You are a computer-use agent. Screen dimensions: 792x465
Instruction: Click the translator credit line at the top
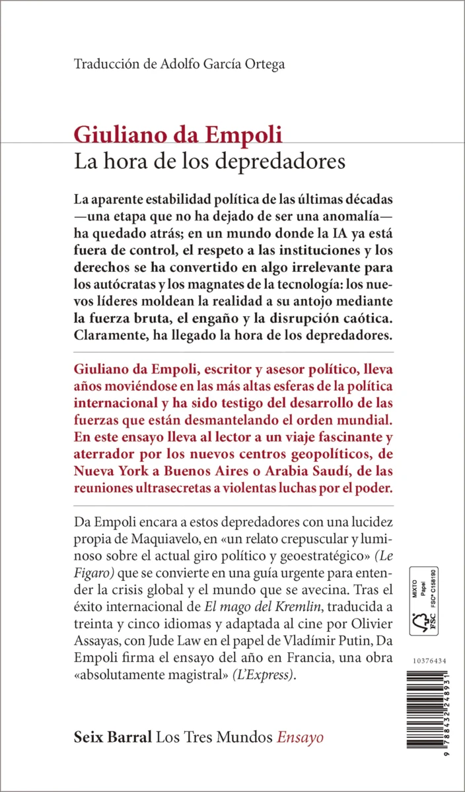coord(180,64)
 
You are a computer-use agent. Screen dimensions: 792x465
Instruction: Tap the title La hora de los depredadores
coord(210,161)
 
